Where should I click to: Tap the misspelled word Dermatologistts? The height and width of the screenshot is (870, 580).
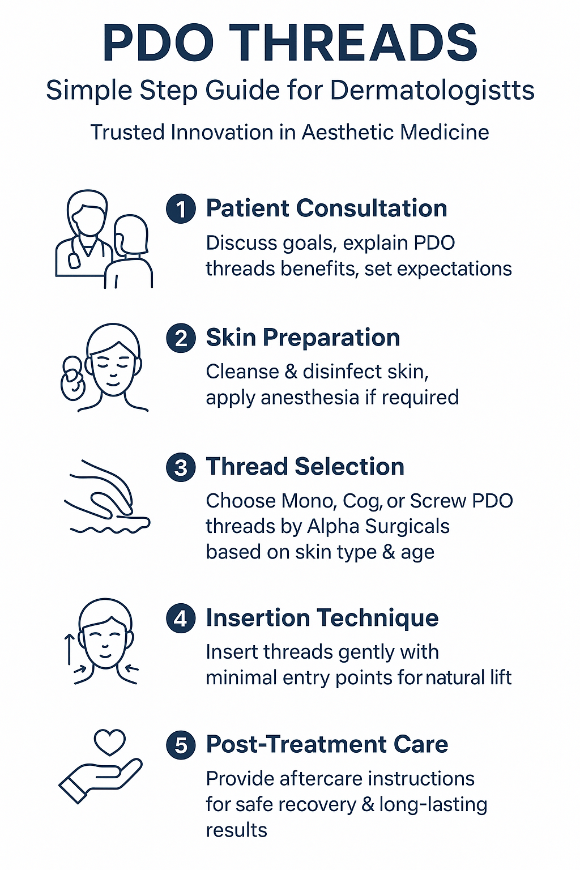click(432, 91)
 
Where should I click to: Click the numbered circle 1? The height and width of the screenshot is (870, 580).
click(181, 208)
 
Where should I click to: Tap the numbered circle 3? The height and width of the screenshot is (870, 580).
click(181, 467)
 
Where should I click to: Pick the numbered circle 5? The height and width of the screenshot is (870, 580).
click(181, 745)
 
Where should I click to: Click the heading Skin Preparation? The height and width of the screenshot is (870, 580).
click(303, 338)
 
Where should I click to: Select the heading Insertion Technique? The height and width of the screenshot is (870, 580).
click(322, 617)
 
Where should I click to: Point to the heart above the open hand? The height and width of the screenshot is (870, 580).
click(110, 742)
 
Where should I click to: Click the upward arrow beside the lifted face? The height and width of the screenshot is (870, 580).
click(69, 650)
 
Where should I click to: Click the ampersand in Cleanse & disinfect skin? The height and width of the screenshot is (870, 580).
click(291, 372)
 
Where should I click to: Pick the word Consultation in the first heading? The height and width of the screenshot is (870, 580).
click(372, 208)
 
